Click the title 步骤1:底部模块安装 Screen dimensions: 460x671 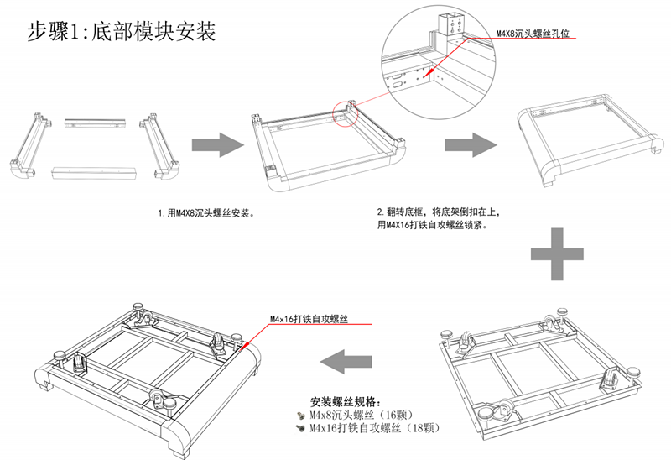122,32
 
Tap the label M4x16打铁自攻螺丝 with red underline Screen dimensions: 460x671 308,320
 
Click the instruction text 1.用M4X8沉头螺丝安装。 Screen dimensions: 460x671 205,213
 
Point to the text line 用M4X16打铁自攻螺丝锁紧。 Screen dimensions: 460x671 431,225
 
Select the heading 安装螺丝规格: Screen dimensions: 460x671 346,401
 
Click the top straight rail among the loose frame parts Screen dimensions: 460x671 93,123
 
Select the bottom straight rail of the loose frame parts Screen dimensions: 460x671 94,171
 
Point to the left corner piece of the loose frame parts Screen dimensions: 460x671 28,144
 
